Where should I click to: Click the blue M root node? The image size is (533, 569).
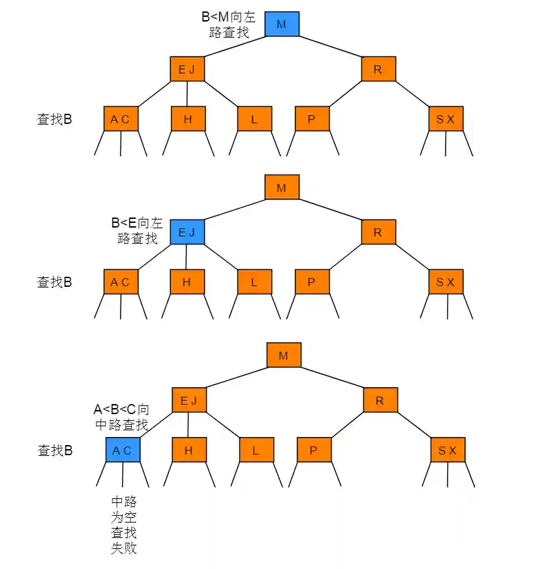pyautogui.click(x=281, y=24)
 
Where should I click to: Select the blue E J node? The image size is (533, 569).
pyautogui.click(x=186, y=232)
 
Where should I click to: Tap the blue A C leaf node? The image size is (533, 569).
pyautogui.click(x=122, y=450)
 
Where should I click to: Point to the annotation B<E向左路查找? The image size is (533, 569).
pyautogui.click(x=137, y=230)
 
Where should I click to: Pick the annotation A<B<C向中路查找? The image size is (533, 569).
pyautogui.click(x=121, y=417)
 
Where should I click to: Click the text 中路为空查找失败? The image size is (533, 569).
pyautogui.click(x=124, y=525)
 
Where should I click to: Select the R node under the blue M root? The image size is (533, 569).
pyautogui.click(x=378, y=69)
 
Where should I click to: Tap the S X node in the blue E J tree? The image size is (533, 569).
pyautogui.click(x=446, y=282)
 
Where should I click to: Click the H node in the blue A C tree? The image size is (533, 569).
pyautogui.click(x=188, y=450)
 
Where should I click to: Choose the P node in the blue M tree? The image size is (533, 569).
pyautogui.click(x=312, y=119)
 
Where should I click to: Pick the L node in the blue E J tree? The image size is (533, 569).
pyautogui.click(x=254, y=282)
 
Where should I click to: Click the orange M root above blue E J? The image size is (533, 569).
pyautogui.click(x=281, y=187)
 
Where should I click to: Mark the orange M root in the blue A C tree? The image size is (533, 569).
pyautogui.click(x=283, y=355)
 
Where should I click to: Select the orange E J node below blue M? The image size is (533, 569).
pyautogui.click(x=186, y=69)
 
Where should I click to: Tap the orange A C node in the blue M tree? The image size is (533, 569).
pyautogui.click(x=120, y=119)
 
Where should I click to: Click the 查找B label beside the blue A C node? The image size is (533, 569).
pyautogui.click(x=55, y=450)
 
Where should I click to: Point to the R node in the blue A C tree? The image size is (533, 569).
pyautogui.click(x=380, y=400)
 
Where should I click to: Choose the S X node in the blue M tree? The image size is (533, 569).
pyautogui.click(x=446, y=119)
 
